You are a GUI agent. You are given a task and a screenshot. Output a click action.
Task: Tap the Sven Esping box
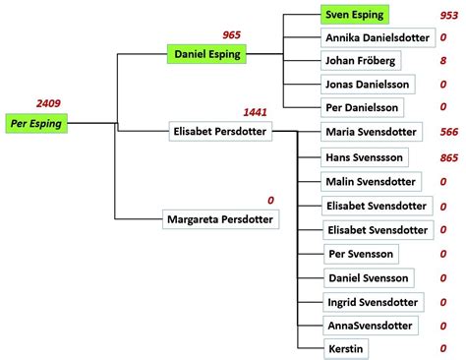click(354, 16)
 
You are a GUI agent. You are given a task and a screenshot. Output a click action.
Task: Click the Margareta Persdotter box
click(221, 219)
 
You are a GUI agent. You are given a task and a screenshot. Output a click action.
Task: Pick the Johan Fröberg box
click(361, 61)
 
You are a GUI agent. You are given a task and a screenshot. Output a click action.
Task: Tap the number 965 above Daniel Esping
click(232, 34)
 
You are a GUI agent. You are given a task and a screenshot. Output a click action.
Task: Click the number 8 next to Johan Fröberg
click(443, 61)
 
